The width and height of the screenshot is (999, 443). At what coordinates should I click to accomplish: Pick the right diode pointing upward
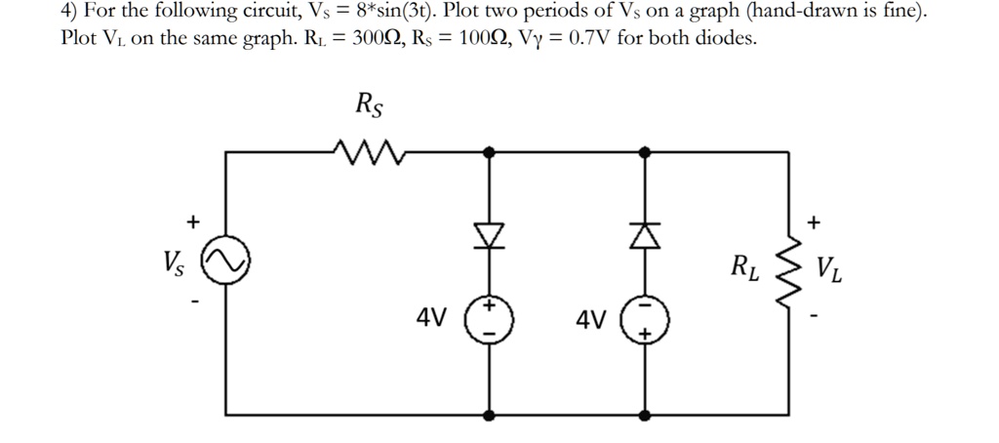(x=645, y=234)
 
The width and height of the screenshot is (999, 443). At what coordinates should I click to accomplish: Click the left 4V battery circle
(x=489, y=319)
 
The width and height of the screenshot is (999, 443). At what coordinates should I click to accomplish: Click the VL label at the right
(x=830, y=266)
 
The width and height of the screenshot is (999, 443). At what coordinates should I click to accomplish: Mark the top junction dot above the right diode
(x=645, y=152)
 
